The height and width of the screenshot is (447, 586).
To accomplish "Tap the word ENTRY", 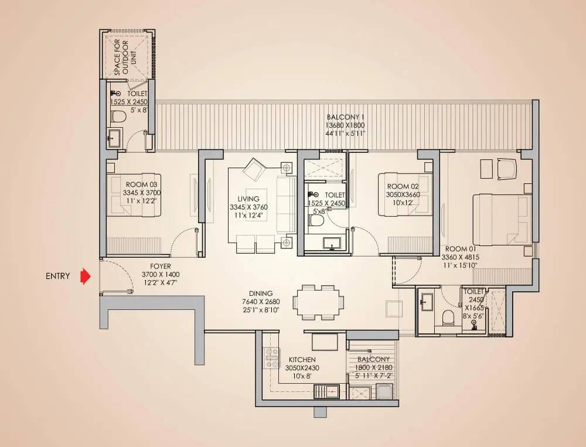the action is click(58, 276).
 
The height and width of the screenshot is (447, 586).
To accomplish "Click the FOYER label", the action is click(161, 267).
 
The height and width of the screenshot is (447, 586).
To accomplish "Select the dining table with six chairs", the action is click(318, 302).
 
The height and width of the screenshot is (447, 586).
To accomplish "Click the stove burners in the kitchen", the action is click(272, 358).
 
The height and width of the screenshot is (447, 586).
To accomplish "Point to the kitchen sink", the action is click(326, 392).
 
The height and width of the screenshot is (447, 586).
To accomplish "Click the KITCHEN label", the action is click(302, 360).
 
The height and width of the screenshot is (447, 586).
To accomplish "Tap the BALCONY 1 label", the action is click(345, 117).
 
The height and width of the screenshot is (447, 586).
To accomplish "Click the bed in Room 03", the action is click(134, 195).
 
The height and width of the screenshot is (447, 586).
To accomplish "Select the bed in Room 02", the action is click(405, 194).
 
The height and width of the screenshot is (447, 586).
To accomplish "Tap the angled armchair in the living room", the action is click(254, 169).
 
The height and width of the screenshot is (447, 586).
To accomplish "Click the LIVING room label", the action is click(248, 199).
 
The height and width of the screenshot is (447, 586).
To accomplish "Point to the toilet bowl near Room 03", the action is click(118, 116).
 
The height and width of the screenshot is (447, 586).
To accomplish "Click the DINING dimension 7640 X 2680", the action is click(261, 302).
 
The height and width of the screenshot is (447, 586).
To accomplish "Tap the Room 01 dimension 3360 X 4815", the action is click(461, 257).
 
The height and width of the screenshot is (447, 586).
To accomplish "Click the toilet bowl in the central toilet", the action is click(316, 221).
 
